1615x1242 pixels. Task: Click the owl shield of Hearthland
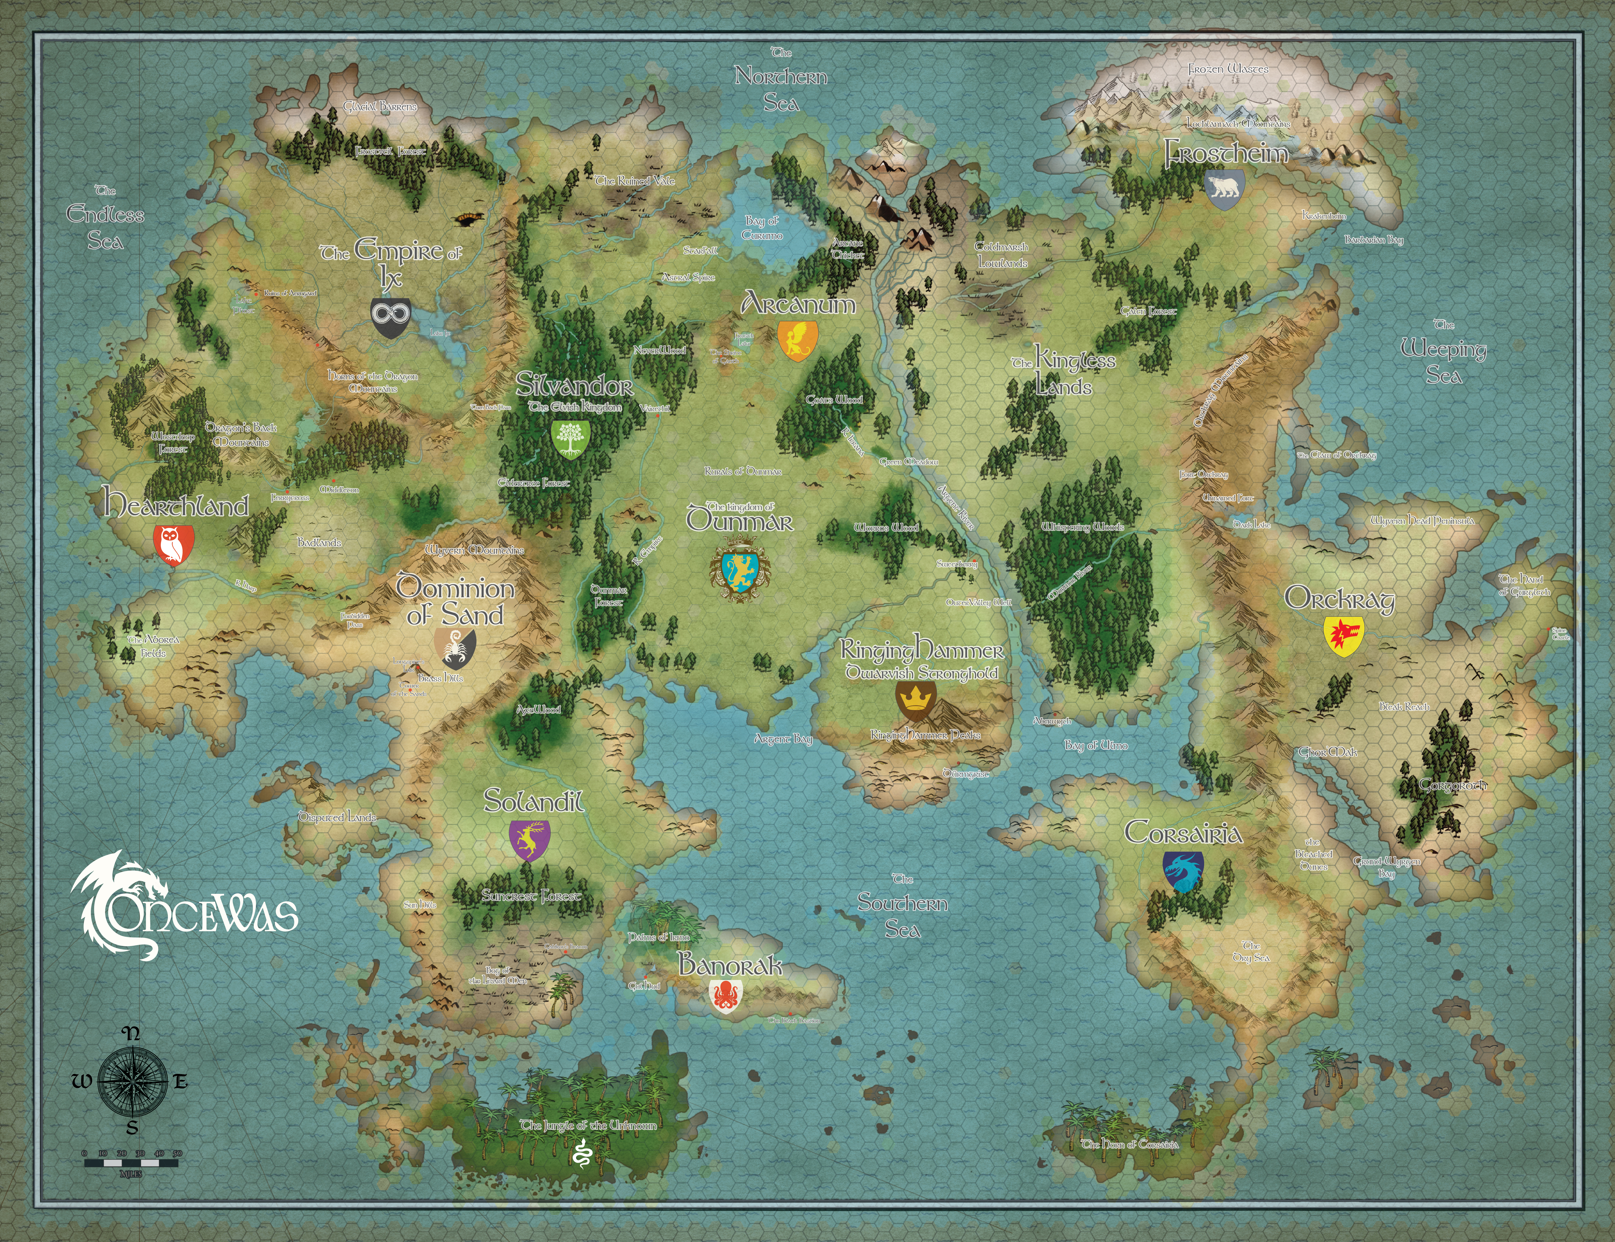click(174, 544)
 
